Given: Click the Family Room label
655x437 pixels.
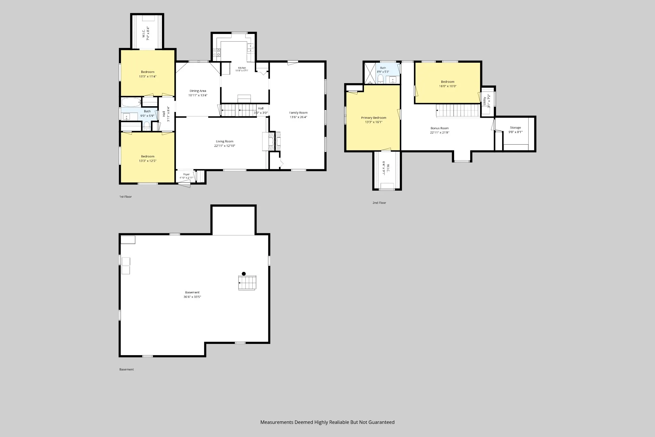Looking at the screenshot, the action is (298, 113).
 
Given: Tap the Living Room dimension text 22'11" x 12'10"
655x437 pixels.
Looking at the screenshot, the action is (225, 146).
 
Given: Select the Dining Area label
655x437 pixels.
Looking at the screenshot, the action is (198, 91).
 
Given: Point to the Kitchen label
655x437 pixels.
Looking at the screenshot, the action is (242, 68).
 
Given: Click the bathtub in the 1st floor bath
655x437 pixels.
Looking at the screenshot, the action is (131, 102).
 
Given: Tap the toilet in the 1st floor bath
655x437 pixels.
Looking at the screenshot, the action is (146, 125).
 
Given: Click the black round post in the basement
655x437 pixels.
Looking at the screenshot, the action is (244, 274).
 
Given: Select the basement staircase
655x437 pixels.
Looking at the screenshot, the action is (247, 283).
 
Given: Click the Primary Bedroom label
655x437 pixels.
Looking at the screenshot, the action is (374, 118).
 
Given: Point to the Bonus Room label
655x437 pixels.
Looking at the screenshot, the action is (439, 128).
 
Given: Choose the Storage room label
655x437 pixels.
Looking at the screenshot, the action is (515, 128).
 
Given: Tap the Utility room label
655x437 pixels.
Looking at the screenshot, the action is (485, 101).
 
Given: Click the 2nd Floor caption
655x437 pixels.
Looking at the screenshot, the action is (379, 203).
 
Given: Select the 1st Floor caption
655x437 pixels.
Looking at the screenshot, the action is (125, 197).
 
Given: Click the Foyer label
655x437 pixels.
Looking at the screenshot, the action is (186, 174).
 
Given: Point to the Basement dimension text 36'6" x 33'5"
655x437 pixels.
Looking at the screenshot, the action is (192, 297).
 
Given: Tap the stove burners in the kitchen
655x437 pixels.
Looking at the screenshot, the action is (217, 52).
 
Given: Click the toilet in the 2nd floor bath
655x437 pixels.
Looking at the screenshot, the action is (381, 79).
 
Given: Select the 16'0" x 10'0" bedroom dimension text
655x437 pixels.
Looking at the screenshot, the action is (447, 86).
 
